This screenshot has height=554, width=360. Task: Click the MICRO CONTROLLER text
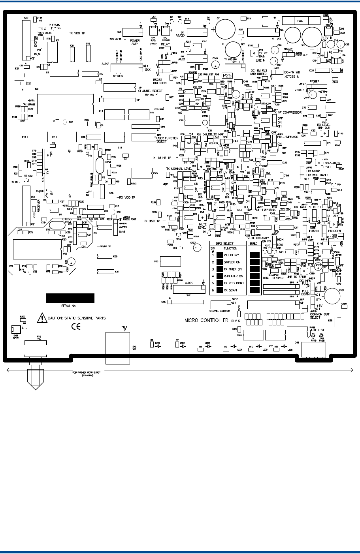tap(207, 319)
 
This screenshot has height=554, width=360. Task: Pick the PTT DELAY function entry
tap(230, 255)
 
